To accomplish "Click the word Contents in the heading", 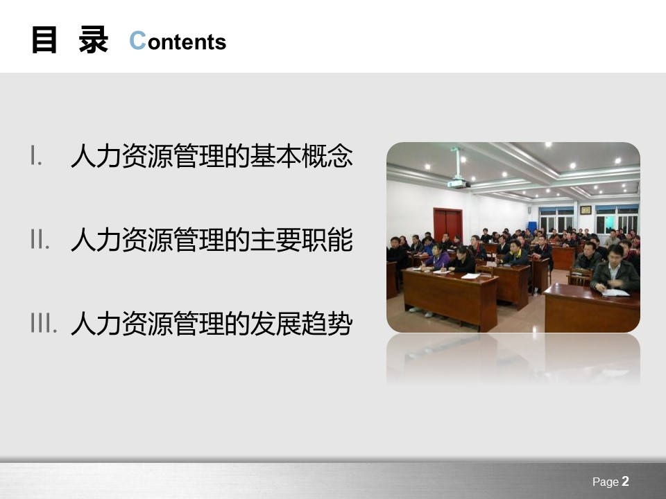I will (x=178, y=42).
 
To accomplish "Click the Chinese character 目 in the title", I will (x=44, y=40).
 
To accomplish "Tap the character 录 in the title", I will (x=93, y=40).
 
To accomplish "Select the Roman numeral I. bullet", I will (x=36, y=156).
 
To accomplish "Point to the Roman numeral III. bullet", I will (x=43, y=323).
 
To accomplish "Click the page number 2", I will (x=625, y=482).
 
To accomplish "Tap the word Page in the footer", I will (x=605, y=482).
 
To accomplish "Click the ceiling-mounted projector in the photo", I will (x=457, y=182).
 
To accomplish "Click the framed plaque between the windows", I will (x=586, y=209).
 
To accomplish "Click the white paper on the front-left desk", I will (x=470, y=276).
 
